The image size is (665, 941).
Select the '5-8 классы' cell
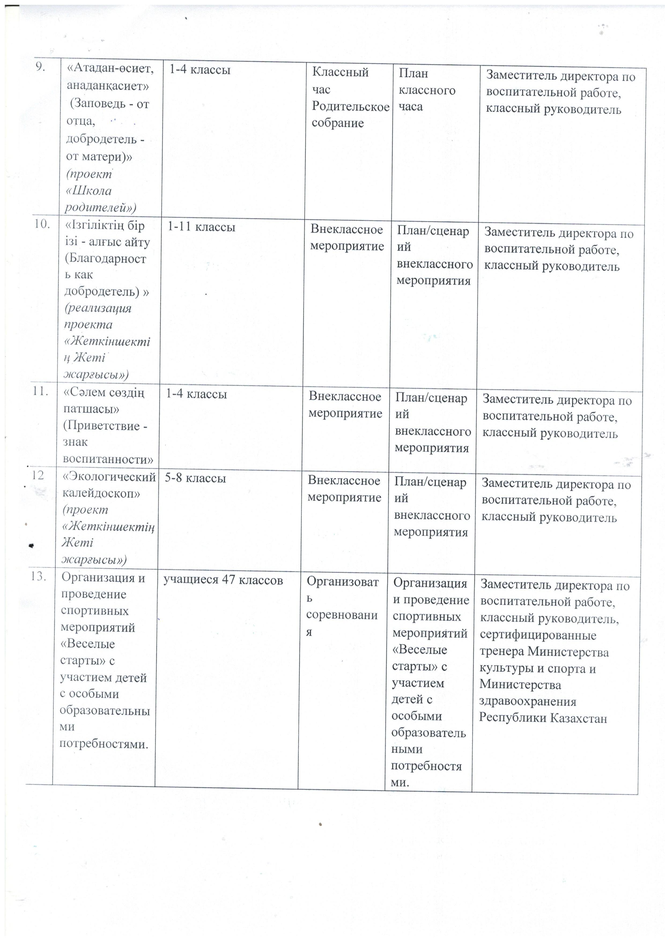(195, 478)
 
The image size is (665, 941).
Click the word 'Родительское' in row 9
(350, 106)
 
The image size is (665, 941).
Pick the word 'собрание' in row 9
(338, 123)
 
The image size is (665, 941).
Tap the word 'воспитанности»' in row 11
(108, 459)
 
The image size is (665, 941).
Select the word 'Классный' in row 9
(340, 72)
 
